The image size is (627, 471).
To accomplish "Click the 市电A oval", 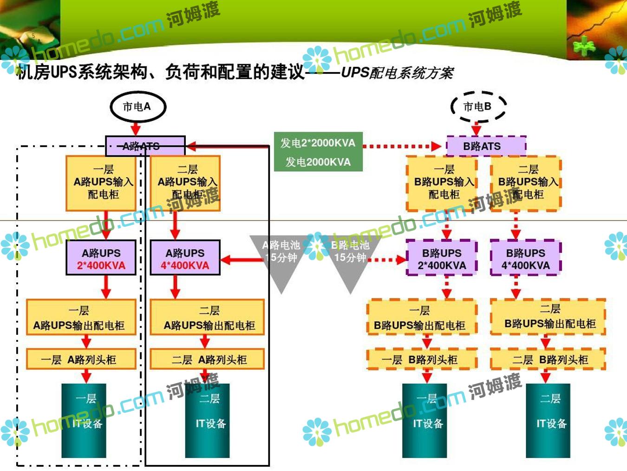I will [x=137, y=106].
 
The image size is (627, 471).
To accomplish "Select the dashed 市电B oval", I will [x=478, y=106].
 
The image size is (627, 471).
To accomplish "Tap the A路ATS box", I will [x=145, y=146].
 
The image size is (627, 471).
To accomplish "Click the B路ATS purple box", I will [x=486, y=146].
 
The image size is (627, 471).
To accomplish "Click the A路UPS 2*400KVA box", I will [x=101, y=258].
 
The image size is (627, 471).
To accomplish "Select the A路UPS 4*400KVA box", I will [x=185, y=258].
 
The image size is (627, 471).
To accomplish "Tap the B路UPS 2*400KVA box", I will [x=441, y=258].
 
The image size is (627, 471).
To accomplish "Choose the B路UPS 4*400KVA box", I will [x=525, y=258].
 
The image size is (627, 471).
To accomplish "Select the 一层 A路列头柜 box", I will [x=81, y=359].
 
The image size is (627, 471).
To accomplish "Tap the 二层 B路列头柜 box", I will [x=548, y=359].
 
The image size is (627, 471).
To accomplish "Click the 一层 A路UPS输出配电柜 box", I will [x=81, y=318].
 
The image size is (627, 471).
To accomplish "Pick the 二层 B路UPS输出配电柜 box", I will [x=548, y=317].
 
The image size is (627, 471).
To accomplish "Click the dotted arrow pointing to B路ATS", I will [x=402, y=146].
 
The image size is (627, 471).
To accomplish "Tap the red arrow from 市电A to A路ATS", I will [x=135, y=127].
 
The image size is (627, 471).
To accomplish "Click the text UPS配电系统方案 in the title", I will [x=397, y=73].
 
